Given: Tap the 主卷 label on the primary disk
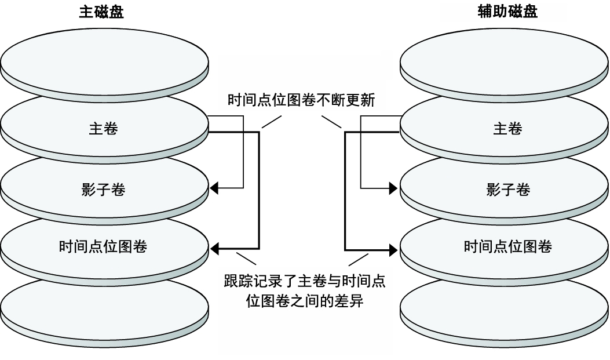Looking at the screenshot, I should pyautogui.click(x=103, y=129).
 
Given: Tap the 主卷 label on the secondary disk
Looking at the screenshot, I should pyautogui.click(x=507, y=129).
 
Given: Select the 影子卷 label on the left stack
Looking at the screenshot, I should pyautogui.click(x=103, y=189).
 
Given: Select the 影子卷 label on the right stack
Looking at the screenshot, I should pyautogui.click(x=507, y=189).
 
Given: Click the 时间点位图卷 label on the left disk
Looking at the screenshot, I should pyautogui.click(x=103, y=247).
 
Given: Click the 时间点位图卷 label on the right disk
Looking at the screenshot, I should pyautogui.click(x=507, y=247).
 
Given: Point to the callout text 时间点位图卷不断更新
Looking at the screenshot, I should pyautogui.click(x=301, y=100).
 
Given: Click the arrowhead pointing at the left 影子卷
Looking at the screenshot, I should pyautogui.click(x=214, y=188).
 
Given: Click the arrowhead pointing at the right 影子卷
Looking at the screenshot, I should pyautogui.click(x=394, y=188).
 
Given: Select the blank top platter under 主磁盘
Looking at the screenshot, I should pyautogui.click(x=104, y=61).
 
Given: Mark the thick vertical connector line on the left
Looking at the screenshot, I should pyautogui.click(x=259, y=191).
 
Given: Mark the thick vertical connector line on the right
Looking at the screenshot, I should pyautogui.click(x=345, y=191).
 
